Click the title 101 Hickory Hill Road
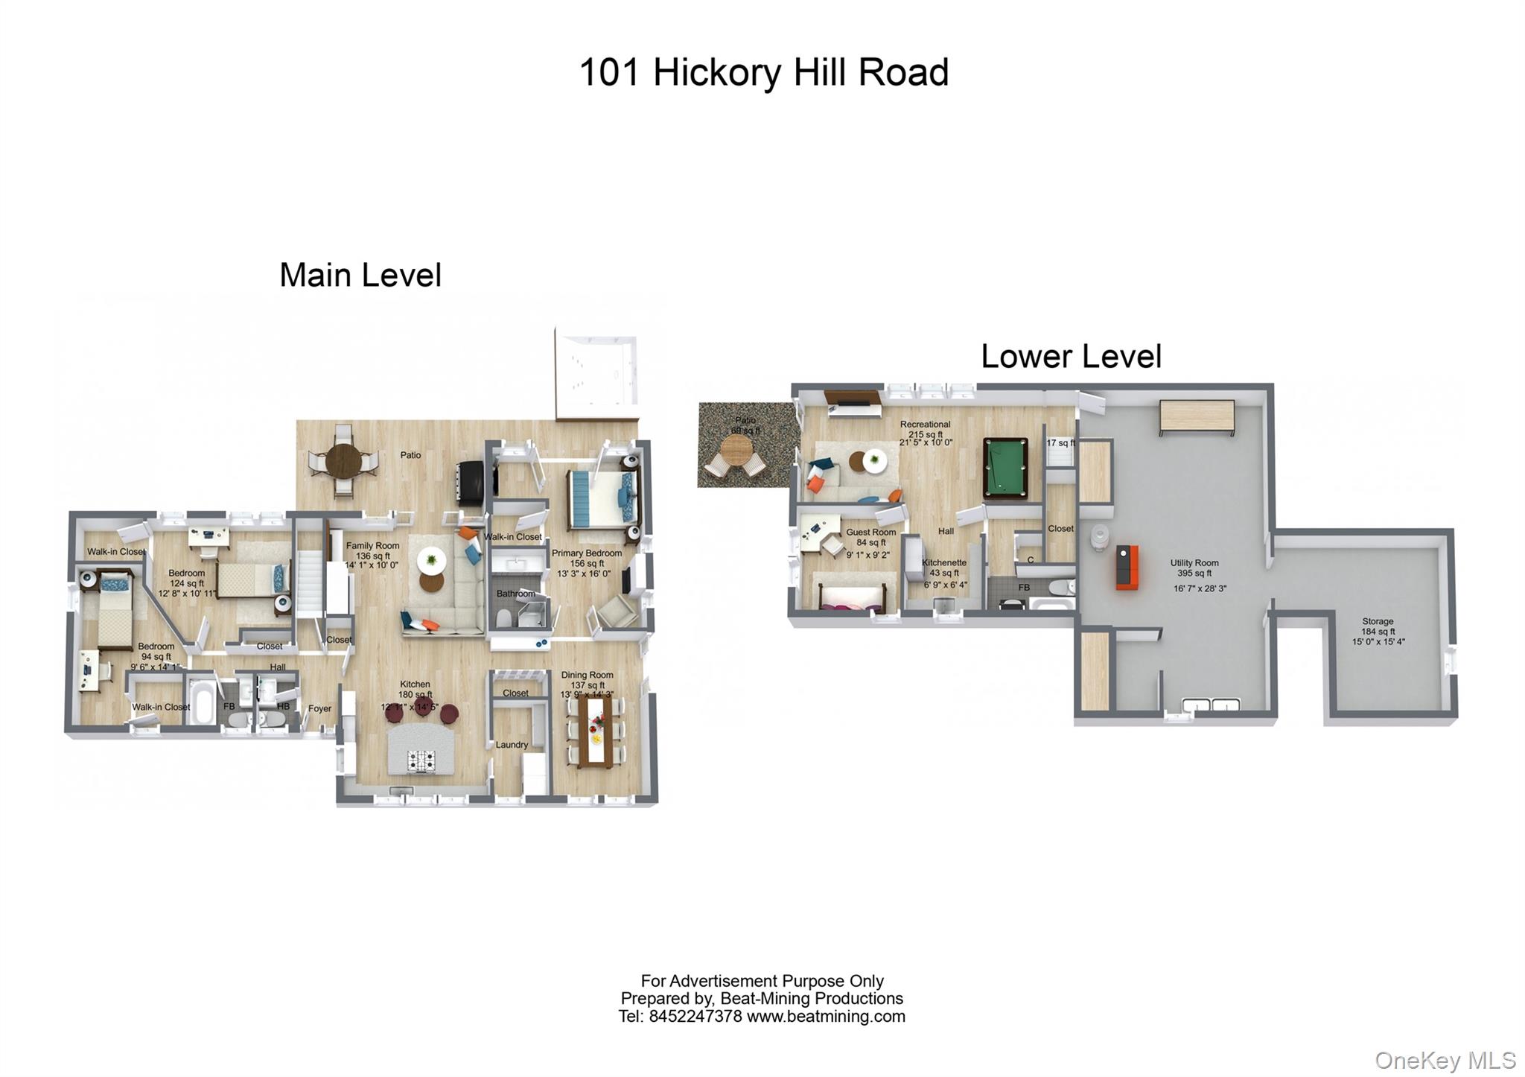tap(763, 73)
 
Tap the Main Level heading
tap(360, 276)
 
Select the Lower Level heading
tap(1070, 357)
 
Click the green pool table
tap(1005, 468)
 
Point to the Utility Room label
tap(1194, 563)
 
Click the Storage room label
tap(1378, 621)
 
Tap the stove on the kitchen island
tap(421, 760)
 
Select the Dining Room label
tap(587, 675)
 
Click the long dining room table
tap(596, 730)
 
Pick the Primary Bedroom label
tap(586, 553)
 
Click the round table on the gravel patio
tap(736, 449)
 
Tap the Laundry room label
tap(512, 745)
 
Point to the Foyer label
tap(319, 708)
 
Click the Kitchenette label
tap(944, 563)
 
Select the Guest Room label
tap(870, 533)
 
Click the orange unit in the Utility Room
tap(1127, 567)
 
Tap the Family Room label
tap(372, 546)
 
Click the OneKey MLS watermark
tap(1445, 1060)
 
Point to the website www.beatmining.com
tap(826, 1017)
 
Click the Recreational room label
tap(925, 425)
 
